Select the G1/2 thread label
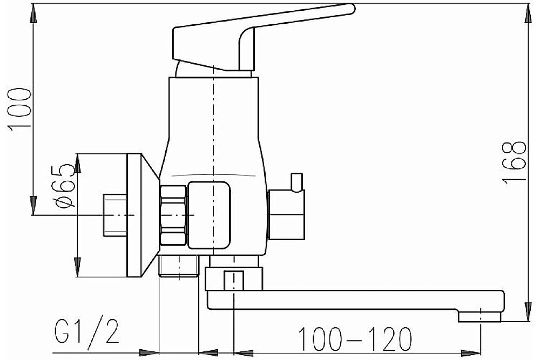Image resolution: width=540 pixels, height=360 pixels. [87, 330]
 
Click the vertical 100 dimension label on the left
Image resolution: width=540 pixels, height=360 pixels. [19, 109]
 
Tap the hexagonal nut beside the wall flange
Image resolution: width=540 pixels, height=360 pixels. [173, 215]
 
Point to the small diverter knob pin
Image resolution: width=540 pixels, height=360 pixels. [296, 182]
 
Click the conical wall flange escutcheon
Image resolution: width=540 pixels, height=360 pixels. [142, 215]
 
